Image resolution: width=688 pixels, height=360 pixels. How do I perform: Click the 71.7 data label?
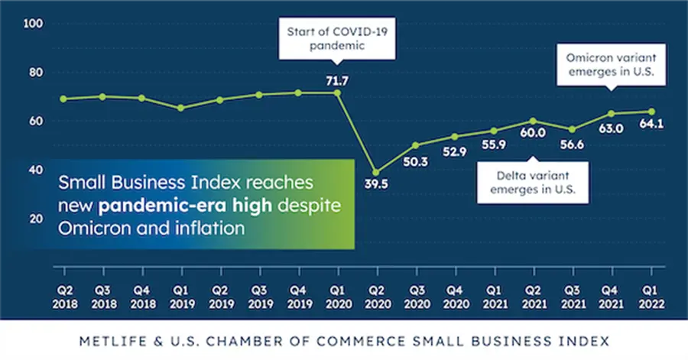point(336,80)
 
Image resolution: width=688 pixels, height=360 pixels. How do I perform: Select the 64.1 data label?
point(651,125)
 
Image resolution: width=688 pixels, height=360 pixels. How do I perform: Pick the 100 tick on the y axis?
point(33,24)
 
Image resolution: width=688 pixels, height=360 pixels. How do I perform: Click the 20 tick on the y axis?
point(35,219)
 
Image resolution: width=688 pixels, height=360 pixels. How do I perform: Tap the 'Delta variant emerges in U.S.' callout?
point(533,182)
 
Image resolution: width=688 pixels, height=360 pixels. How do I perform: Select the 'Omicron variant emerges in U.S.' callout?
point(611,66)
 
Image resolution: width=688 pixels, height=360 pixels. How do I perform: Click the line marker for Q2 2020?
point(375,172)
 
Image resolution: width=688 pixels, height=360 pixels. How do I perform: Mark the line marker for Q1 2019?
point(180,108)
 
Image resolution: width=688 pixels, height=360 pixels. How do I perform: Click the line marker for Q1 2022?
point(651,112)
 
